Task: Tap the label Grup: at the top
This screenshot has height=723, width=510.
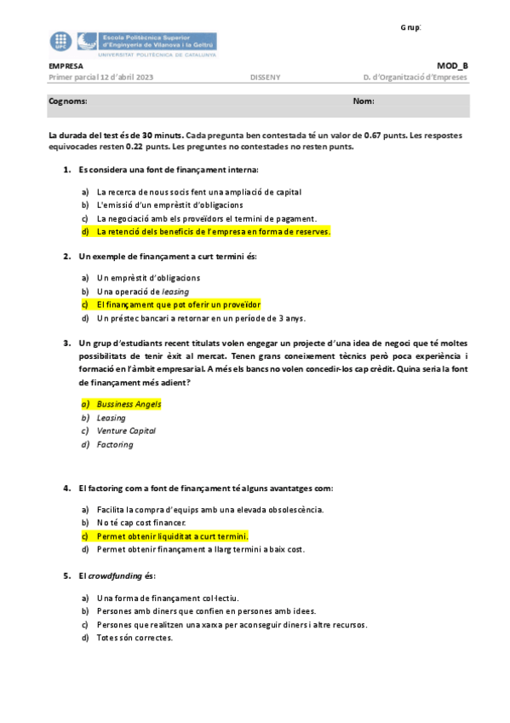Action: (x=410, y=27)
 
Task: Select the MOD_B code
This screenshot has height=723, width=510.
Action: (x=452, y=66)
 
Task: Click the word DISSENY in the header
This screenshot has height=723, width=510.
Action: (x=264, y=78)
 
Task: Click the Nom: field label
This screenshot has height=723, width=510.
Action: (x=364, y=101)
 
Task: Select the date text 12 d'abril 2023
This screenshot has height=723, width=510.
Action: (x=127, y=78)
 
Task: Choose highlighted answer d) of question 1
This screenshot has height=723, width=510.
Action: (x=213, y=231)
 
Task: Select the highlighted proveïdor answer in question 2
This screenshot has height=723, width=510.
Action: (x=178, y=304)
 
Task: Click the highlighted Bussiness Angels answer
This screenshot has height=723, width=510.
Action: (x=129, y=403)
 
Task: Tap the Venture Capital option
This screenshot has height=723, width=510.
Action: (x=123, y=431)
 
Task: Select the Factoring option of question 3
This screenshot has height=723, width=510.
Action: (x=115, y=444)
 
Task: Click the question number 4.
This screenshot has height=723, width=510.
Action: (x=66, y=489)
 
